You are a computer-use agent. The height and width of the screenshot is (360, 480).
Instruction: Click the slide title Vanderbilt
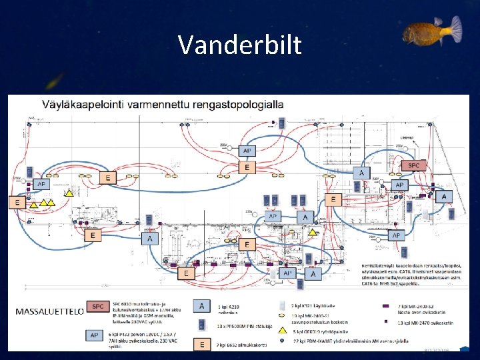(x=239, y=45)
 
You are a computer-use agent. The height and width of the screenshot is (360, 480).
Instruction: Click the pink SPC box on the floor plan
(x=414, y=165)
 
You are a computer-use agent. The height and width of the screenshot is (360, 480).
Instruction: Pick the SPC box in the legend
(x=99, y=306)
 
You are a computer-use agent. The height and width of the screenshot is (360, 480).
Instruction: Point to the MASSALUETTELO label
(x=49, y=311)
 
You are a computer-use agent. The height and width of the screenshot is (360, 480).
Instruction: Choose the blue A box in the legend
(x=201, y=305)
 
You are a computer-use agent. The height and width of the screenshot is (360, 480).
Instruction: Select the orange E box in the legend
(x=201, y=344)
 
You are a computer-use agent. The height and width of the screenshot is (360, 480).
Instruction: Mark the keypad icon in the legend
(x=201, y=325)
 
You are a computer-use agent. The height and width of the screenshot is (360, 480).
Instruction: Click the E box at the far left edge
(x=18, y=201)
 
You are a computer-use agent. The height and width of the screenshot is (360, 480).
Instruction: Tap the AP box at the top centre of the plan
(x=247, y=151)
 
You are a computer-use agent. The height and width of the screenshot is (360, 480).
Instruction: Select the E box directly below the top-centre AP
(x=247, y=167)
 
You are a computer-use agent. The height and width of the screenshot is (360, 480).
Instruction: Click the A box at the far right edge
(x=443, y=196)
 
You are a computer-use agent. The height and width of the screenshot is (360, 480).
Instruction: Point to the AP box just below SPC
(x=399, y=185)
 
